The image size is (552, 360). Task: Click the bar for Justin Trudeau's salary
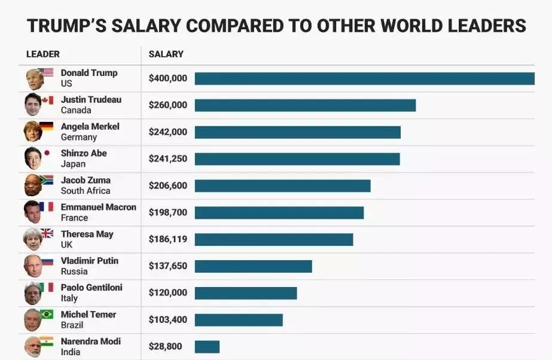click(x=305, y=105)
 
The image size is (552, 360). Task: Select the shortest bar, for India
click(x=207, y=347)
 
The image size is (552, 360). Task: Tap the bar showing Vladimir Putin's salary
click(x=253, y=266)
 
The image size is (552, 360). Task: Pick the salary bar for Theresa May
click(x=274, y=239)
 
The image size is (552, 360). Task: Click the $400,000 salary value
click(x=168, y=78)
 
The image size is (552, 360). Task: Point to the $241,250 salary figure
click(x=168, y=159)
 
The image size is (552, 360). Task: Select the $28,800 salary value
click(x=166, y=347)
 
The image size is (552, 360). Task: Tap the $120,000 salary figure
click(x=168, y=293)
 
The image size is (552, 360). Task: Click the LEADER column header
click(x=43, y=54)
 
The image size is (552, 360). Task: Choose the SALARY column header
click(x=166, y=54)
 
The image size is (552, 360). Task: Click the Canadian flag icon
click(x=47, y=100)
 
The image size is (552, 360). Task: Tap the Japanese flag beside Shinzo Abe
click(x=47, y=153)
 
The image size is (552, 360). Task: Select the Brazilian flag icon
click(x=47, y=315)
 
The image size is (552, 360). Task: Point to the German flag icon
click(x=47, y=126)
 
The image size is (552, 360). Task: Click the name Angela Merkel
click(x=90, y=127)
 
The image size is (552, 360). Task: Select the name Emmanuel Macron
click(x=99, y=208)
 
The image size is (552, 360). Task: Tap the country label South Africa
click(x=86, y=191)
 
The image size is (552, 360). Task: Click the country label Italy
click(x=69, y=298)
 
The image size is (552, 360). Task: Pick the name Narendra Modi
click(x=91, y=341)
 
